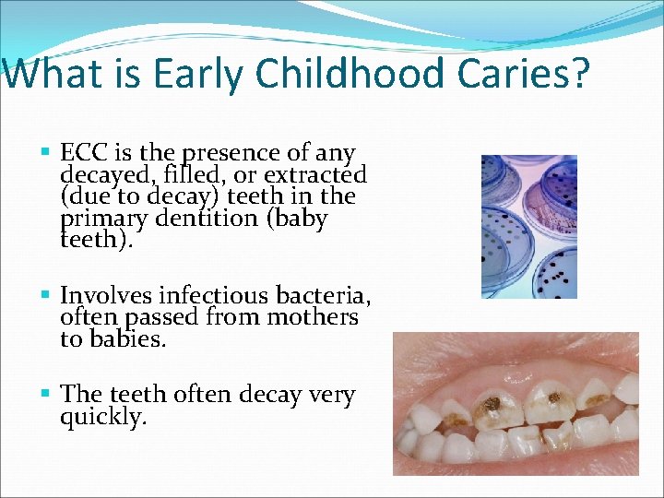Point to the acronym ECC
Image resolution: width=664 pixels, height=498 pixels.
click(x=82, y=152)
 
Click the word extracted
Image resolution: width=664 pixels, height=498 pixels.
click(x=315, y=174)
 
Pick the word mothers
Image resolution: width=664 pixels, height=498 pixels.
click(x=312, y=318)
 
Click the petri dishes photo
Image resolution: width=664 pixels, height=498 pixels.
click(x=528, y=226)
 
